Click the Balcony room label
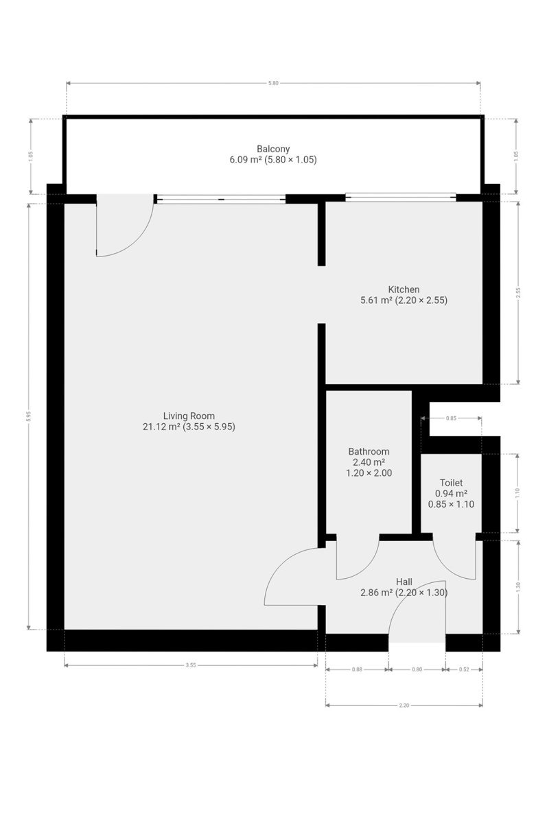273,149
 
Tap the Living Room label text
189,416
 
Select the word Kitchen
404,289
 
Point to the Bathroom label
369,451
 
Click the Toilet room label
451,482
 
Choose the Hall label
404,582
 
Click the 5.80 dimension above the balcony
273,83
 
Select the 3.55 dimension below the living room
190,665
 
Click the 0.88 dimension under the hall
357,669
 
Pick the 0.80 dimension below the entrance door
417,669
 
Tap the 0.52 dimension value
464,669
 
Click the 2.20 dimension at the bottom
404,705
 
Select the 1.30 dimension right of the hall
518,588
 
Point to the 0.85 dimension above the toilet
451,418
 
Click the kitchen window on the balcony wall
401,198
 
